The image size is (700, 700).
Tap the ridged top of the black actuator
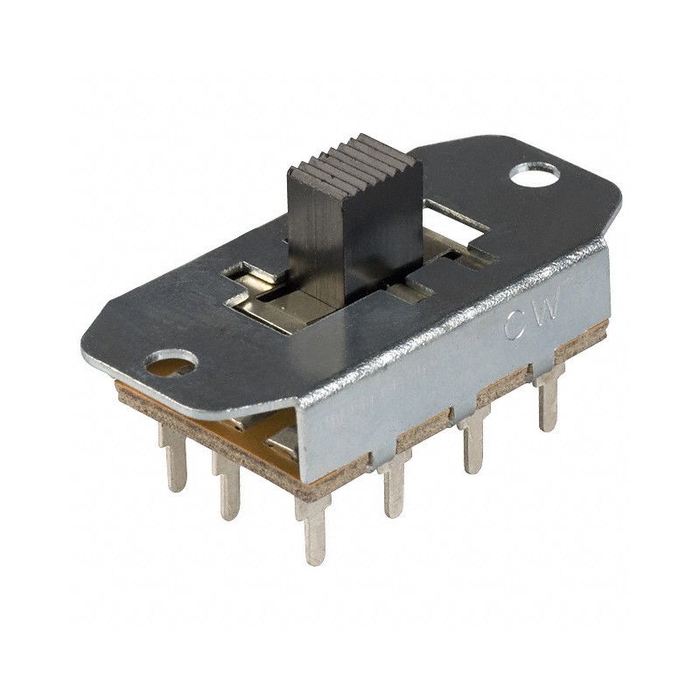(x=359, y=156)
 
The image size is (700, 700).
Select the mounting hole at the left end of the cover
(x=170, y=362)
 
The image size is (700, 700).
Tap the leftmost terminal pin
(x=174, y=455)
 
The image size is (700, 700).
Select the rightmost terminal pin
(x=549, y=401)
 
